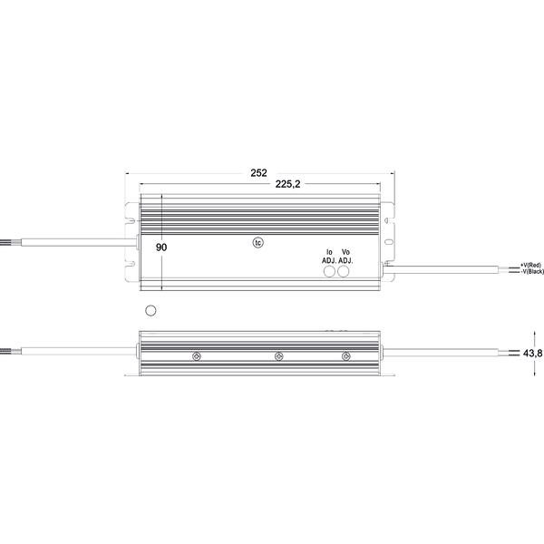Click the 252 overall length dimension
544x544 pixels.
click(x=258, y=173)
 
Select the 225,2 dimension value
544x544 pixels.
click(x=287, y=184)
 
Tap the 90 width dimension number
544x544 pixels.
click(x=161, y=248)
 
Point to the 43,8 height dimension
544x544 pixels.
click(x=532, y=354)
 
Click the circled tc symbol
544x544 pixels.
click(x=258, y=243)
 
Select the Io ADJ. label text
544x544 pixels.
click(x=329, y=257)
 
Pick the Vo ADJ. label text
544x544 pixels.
click(x=345, y=257)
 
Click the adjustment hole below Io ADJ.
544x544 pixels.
click(x=329, y=271)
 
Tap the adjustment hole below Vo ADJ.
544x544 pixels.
click(x=343, y=271)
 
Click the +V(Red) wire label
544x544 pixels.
click(x=530, y=265)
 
